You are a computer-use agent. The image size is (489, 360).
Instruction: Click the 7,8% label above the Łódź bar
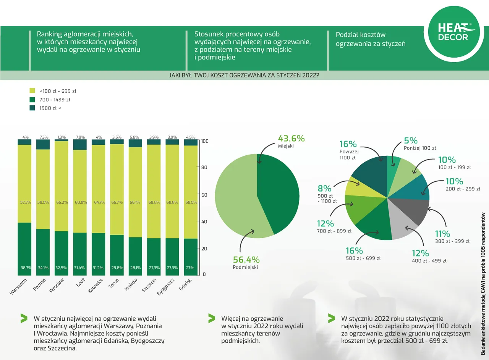pos(80,137)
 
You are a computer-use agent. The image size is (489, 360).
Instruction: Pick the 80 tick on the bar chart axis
pos(204,167)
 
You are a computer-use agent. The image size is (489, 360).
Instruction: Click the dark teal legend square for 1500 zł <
pos(32,108)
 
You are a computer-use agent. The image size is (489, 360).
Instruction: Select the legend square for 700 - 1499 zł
pos(32,100)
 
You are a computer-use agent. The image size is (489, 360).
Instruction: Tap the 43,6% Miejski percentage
pos(291,139)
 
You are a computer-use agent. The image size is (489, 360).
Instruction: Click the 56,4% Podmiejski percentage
pos(246,260)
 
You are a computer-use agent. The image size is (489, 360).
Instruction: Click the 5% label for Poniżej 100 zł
pos(411,140)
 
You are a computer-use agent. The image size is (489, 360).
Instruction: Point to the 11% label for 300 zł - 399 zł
pos(443,234)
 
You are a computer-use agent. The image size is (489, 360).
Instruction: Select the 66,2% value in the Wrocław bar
pos(62,202)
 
